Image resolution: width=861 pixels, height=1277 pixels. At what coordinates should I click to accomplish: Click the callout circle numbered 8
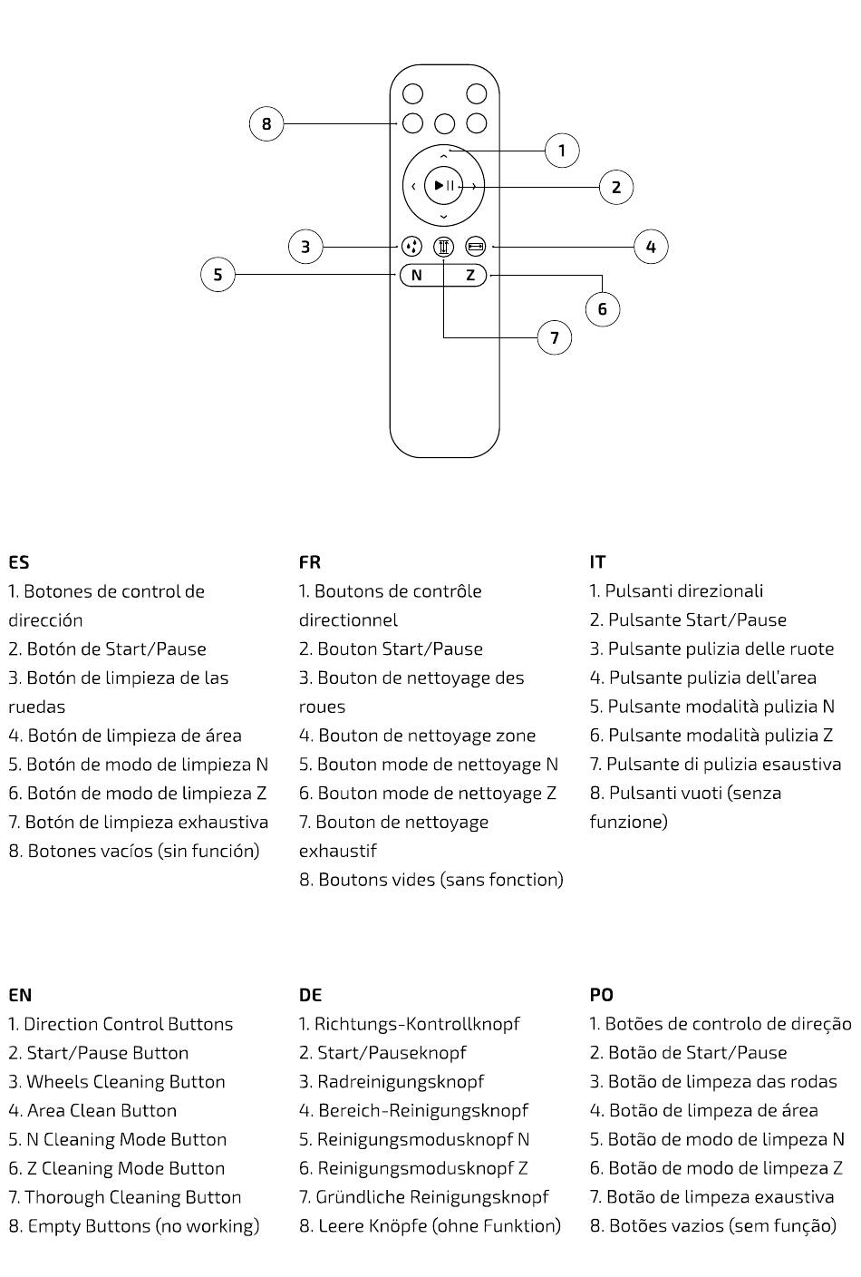pos(266,123)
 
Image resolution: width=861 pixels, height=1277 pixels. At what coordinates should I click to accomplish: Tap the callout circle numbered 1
pos(562,151)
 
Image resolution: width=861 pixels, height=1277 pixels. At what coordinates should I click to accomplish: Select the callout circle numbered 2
pos(616,188)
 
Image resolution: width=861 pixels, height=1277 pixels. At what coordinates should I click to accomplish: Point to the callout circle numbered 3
pos(305,247)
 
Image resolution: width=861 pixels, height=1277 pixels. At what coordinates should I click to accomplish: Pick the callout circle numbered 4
pos(651,247)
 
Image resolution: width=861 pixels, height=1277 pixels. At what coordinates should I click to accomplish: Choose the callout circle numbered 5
pos(218,274)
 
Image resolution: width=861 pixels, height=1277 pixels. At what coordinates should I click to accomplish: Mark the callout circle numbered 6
pos(603,309)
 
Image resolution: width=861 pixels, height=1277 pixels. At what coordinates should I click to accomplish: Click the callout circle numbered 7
pos(555,338)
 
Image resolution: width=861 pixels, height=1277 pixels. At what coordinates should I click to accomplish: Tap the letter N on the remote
pos(416,275)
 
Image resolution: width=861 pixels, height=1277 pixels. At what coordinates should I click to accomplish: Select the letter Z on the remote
pos(470,275)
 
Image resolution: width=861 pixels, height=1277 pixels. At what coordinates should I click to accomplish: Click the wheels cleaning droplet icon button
pos(411,246)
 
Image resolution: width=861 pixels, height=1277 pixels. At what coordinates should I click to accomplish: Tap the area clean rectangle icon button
pos(476,246)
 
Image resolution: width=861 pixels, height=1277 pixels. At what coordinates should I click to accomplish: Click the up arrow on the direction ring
pos(443,157)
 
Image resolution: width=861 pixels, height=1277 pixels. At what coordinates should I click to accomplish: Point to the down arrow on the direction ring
pos(443,217)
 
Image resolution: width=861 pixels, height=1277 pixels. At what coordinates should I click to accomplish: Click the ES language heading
pos(18,562)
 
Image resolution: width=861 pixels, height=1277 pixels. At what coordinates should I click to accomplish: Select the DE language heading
pos(310,995)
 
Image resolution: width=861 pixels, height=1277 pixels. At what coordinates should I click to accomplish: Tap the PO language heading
pos(601,995)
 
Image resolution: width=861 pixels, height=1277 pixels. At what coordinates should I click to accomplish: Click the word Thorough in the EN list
pos(63,1197)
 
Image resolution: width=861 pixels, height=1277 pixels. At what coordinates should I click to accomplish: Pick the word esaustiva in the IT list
pos(799,765)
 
